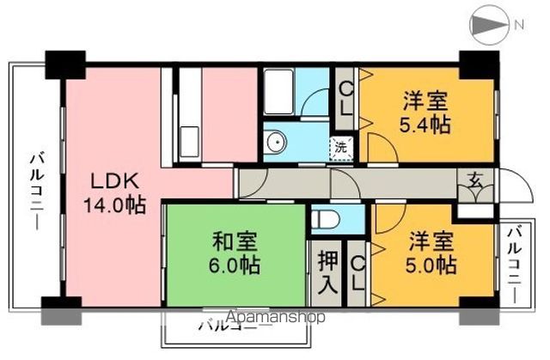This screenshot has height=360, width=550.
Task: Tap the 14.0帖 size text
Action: tap(113, 205)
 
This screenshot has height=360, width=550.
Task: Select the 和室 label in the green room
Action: tap(234, 242)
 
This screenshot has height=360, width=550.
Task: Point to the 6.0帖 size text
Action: tap(234, 265)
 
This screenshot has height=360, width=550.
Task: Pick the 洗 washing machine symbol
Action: tap(341, 147)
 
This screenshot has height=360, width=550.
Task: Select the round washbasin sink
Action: tap(277, 143)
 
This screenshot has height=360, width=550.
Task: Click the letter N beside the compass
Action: tap(519, 24)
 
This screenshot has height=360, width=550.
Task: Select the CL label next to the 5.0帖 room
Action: tap(357, 274)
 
